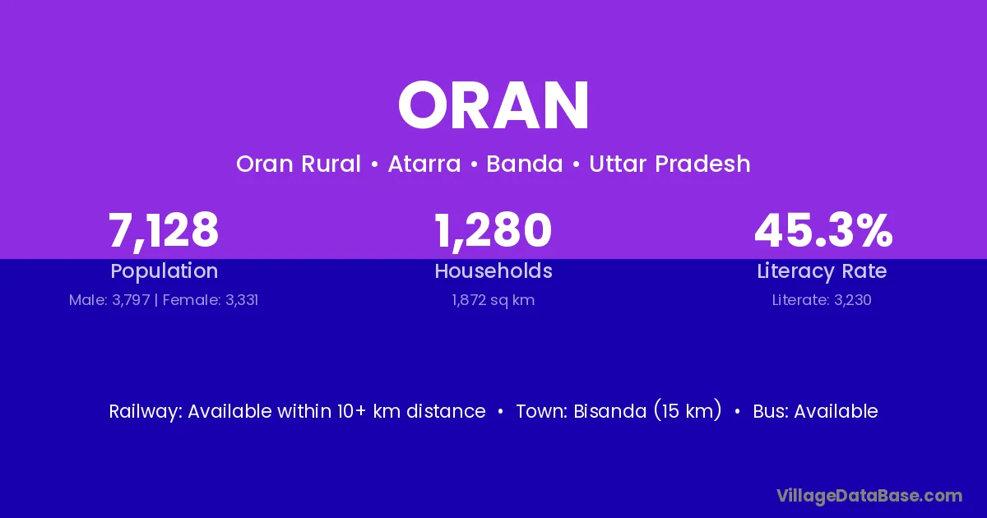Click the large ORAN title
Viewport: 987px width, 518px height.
point(493,105)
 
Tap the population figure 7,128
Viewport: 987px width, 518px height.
point(164,230)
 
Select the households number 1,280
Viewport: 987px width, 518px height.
point(493,230)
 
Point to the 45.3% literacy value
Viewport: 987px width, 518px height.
point(823,230)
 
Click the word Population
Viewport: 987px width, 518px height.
point(164,271)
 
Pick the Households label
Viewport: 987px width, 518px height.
point(493,271)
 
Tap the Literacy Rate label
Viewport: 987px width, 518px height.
point(822,271)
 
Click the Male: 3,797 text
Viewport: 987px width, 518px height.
point(109,300)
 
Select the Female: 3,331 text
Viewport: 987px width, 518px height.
point(211,300)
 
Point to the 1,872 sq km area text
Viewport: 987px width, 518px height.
point(493,300)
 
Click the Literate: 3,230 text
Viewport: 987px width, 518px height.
point(822,300)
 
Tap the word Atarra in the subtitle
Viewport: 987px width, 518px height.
point(424,164)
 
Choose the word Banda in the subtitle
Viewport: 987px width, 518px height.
point(525,164)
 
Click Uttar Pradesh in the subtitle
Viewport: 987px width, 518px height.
point(670,164)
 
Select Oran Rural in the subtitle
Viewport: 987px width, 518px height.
point(299,164)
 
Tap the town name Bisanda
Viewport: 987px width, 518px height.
point(610,411)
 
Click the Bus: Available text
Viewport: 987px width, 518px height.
point(815,411)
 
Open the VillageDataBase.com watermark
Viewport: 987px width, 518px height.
point(869,496)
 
